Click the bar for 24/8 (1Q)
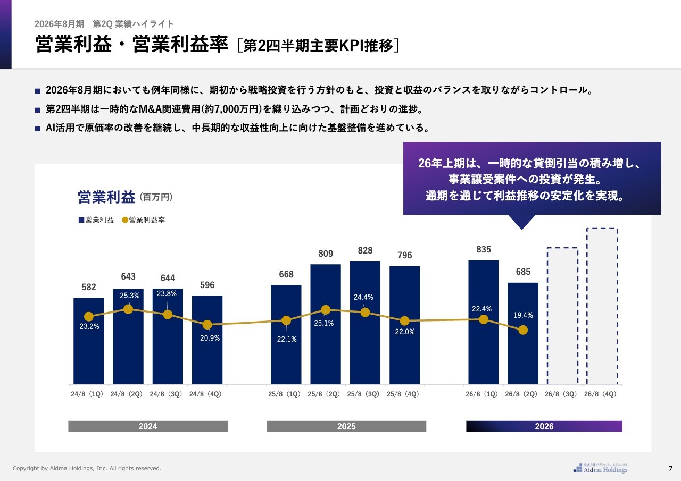[x=89, y=351]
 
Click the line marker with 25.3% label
[x=128, y=309]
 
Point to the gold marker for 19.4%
[x=523, y=330]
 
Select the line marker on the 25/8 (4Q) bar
[x=404, y=321]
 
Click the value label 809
[x=326, y=254]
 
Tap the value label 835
[x=484, y=249]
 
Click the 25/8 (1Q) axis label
[x=286, y=394]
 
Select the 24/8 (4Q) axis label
[x=207, y=394]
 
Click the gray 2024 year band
[x=148, y=426]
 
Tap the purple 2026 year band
[x=544, y=426]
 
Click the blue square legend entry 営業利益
[x=96, y=220]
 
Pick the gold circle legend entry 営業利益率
[x=144, y=220]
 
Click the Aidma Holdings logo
[x=601, y=467]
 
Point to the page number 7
[x=670, y=468]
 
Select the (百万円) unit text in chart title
[x=156, y=197]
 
